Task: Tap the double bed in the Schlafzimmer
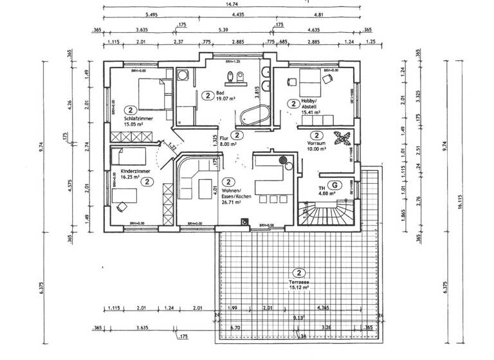coord(152,95)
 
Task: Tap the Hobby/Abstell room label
coord(311,104)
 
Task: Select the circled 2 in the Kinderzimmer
coord(147,182)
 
